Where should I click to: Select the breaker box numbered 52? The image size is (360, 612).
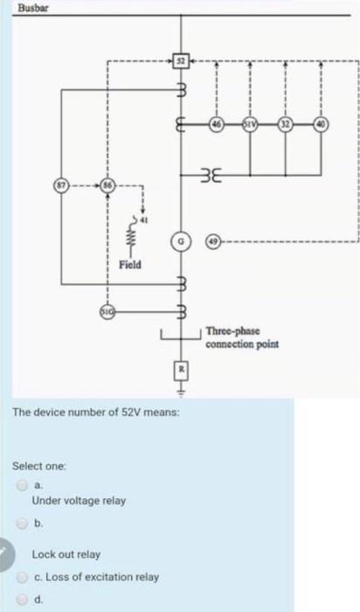[x=181, y=60]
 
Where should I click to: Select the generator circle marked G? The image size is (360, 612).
[x=181, y=239]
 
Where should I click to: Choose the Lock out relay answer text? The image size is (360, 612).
[x=66, y=554]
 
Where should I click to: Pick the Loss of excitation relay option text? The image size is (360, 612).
[x=95, y=577]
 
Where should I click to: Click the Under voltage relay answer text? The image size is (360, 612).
[x=79, y=501]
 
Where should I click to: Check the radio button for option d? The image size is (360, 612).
[x=20, y=600]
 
